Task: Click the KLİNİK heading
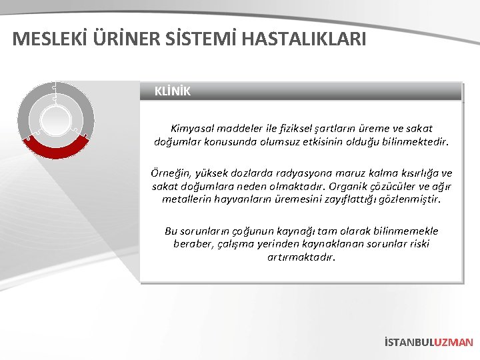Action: pyautogui.click(x=172, y=91)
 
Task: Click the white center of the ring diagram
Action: pyautogui.click(x=56, y=121)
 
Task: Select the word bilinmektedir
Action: pyautogui.click(x=416, y=141)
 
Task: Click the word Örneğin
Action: pyautogui.click(x=171, y=173)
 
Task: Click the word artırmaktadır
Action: pyautogui.click(x=301, y=256)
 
